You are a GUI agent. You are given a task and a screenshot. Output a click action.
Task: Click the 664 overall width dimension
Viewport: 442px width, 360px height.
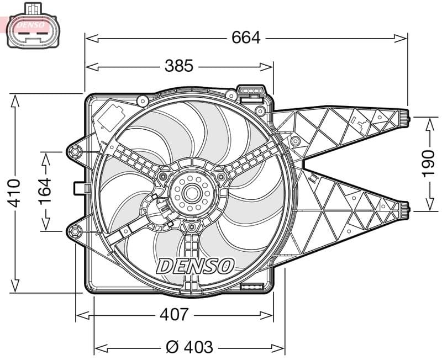click(x=246, y=38)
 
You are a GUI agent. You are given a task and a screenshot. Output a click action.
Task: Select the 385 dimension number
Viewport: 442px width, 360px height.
click(x=179, y=66)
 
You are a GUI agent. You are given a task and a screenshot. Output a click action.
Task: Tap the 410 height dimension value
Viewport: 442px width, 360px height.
click(x=15, y=193)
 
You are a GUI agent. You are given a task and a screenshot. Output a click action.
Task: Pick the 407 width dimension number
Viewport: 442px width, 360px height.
click(x=174, y=315)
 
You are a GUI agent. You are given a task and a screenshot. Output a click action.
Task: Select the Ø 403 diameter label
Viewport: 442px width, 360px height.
click(x=190, y=347)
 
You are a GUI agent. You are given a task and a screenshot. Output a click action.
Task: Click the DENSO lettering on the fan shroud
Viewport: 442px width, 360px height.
click(x=195, y=266)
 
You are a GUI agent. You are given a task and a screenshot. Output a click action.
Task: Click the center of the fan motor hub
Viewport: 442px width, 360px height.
click(x=191, y=193)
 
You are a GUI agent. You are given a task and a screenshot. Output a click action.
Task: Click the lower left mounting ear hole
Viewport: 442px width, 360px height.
click(x=74, y=230)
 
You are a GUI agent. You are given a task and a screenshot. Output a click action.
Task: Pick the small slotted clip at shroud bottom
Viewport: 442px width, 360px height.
click(x=251, y=287)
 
